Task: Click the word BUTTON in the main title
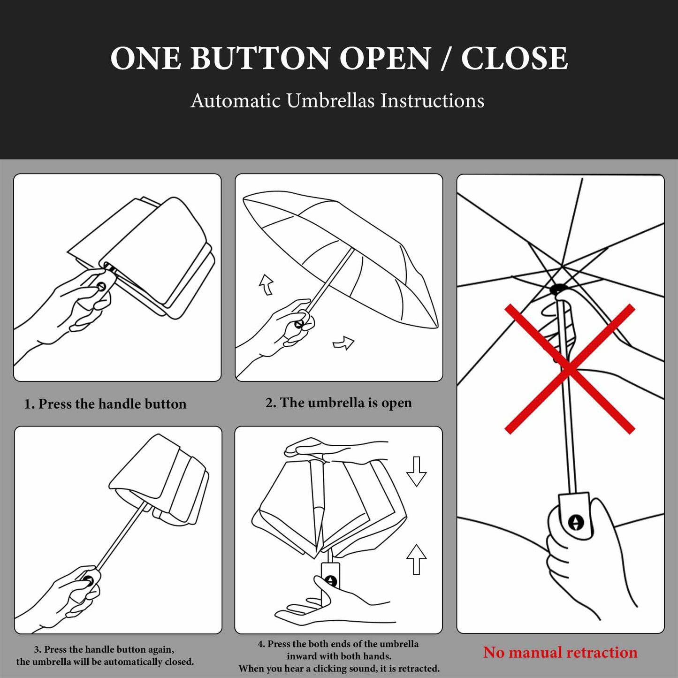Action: tap(260, 59)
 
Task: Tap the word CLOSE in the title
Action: tap(514, 59)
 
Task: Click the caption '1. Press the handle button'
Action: tap(105, 404)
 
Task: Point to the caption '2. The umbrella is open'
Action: tap(338, 403)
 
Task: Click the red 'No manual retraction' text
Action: tap(560, 652)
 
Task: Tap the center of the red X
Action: tap(570, 369)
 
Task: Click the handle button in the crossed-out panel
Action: tap(576, 522)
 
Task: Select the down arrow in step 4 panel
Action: tap(416, 471)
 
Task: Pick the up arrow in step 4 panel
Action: tap(416, 559)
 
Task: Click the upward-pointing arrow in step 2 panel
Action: tap(267, 284)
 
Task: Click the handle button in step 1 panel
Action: tap(100, 286)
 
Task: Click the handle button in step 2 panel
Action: tap(298, 324)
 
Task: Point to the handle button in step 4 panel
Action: tap(331, 581)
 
